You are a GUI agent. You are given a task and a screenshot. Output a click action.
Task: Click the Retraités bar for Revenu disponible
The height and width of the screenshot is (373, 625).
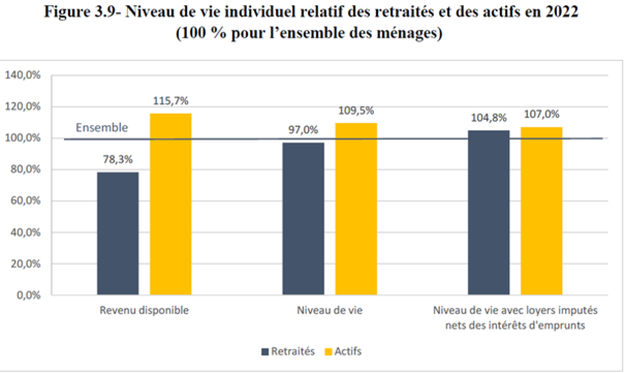(x=118, y=233)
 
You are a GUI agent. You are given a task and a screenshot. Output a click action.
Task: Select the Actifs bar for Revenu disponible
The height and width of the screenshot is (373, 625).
(x=171, y=204)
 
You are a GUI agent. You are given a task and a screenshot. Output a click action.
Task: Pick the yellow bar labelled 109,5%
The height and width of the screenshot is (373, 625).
(x=356, y=209)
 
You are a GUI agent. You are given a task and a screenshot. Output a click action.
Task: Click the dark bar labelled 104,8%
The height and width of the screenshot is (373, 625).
(x=489, y=213)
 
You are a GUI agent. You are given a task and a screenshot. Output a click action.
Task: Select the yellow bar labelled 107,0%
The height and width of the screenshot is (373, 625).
(x=541, y=211)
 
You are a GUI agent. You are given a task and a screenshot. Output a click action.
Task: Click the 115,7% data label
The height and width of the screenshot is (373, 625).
(x=170, y=102)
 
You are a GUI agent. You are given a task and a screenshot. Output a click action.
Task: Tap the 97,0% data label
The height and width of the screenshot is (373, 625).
(x=303, y=131)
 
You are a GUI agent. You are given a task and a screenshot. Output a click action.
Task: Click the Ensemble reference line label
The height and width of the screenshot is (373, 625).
(x=102, y=128)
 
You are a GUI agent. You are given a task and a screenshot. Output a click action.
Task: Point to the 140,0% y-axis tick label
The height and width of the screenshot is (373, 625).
(x=23, y=75)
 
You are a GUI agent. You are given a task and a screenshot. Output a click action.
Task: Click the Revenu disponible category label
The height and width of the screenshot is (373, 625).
(x=144, y=310)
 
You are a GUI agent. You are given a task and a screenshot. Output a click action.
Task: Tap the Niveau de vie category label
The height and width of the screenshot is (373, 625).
(x=330, y=310)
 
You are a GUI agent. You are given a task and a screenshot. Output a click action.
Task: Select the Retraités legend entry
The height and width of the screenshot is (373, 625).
(x=288, y=351)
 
